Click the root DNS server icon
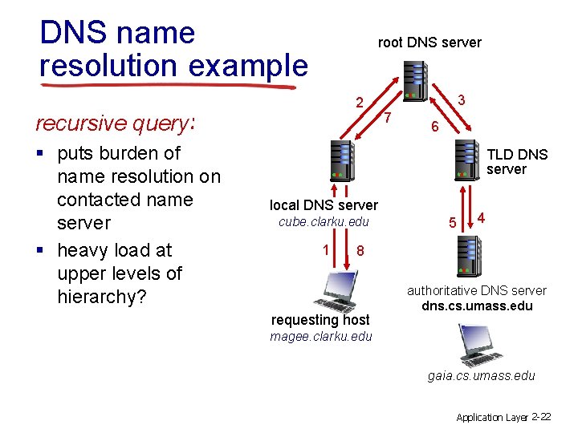(417, 81)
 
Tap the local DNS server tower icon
(341, 160)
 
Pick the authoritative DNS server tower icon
(466, 257)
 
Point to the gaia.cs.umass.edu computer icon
(478, 345)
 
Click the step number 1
(326, 249)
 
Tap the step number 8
(361, 250)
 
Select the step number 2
(361, 103)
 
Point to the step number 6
(433, 127)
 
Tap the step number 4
(481, 217)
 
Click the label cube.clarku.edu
(323, 221)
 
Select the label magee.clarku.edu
(321, 336)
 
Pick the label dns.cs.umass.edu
(477, 306)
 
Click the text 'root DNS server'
(429, 42)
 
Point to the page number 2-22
(541, 417)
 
